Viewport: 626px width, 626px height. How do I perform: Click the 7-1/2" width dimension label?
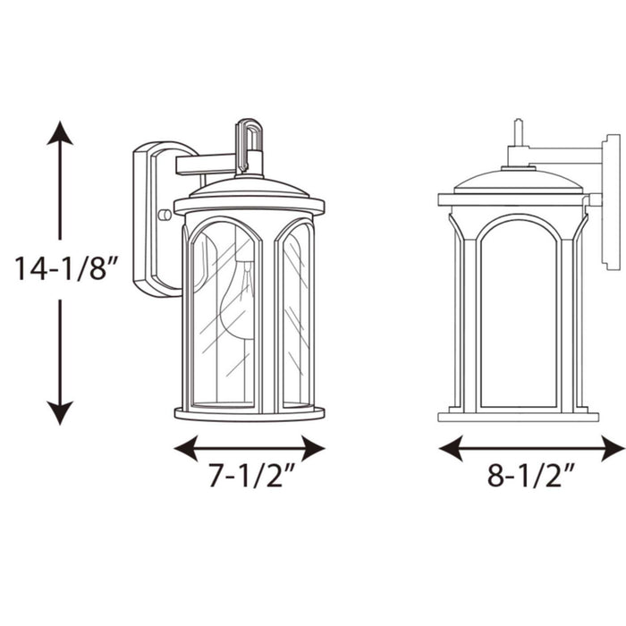(245, 478)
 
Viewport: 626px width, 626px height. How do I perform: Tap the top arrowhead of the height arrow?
(60, 134)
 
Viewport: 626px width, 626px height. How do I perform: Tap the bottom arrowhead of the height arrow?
(60, 412)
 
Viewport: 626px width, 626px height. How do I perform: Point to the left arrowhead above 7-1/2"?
(185, 448)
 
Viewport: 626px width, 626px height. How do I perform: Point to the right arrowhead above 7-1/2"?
(312, 448)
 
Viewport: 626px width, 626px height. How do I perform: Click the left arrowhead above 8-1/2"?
(451, 448)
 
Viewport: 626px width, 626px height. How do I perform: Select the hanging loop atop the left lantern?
(249, 139)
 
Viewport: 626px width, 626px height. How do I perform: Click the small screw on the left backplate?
(164, 215)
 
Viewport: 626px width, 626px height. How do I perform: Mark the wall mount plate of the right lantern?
(612, 201)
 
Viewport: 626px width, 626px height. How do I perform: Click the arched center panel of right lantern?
(518, 313)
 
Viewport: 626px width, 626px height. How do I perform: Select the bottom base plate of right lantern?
(518, 416)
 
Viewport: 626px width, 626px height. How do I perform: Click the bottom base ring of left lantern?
(250, 413)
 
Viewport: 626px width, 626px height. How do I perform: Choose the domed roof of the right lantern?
(518, 182)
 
